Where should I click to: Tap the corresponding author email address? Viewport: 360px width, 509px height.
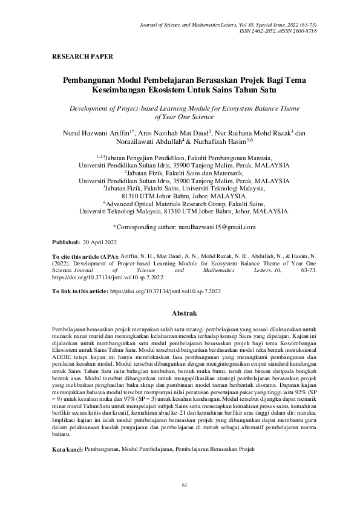point(220,227)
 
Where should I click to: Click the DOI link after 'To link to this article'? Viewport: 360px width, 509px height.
point(164,291)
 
